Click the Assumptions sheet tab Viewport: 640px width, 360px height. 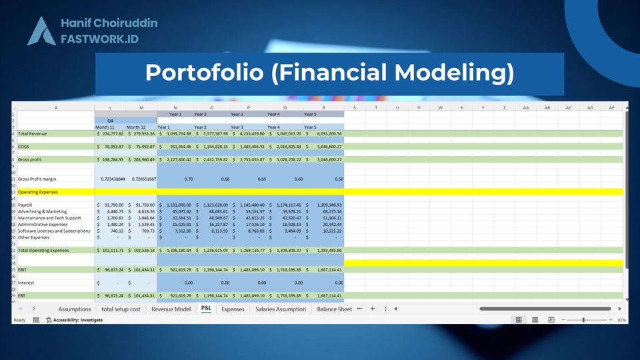[74, 309]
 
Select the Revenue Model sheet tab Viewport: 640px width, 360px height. [171, 309]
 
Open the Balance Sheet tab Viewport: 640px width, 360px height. [334, 309]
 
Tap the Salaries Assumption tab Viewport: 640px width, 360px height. [280, 309]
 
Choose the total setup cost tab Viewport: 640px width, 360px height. [121, 309]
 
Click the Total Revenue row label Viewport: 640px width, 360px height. [33, 133]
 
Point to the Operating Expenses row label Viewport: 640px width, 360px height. [38, 192]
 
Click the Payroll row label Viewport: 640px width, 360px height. [25, 205]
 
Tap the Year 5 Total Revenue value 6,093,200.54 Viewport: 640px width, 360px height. [325, 133]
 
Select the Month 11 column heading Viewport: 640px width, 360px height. [105, 127]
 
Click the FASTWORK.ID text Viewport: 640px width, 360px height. [99, 39]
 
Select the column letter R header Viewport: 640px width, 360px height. [323, 107]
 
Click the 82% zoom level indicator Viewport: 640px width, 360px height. [621, 321]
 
